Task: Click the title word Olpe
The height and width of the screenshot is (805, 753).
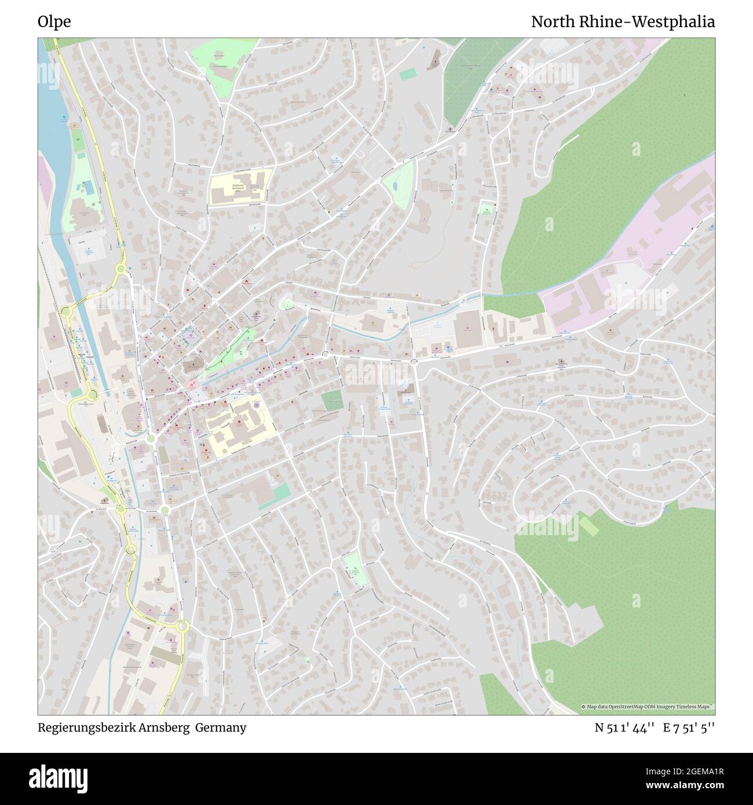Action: click(54, 22)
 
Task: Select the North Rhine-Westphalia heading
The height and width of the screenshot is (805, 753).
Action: click(623, 22)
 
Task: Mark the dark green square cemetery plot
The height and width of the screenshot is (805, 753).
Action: click(332, 401)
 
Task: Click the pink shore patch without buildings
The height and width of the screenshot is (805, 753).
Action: click(43, 174)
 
